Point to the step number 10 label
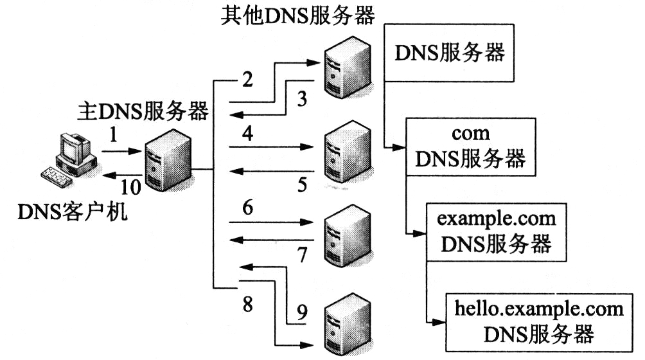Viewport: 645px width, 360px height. [131, 186]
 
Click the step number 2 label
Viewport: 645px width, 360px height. [248, 81]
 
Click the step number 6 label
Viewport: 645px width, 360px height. [248, 208]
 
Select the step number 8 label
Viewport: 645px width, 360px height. [248, 302]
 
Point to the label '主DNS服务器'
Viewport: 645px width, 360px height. [143, 111]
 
